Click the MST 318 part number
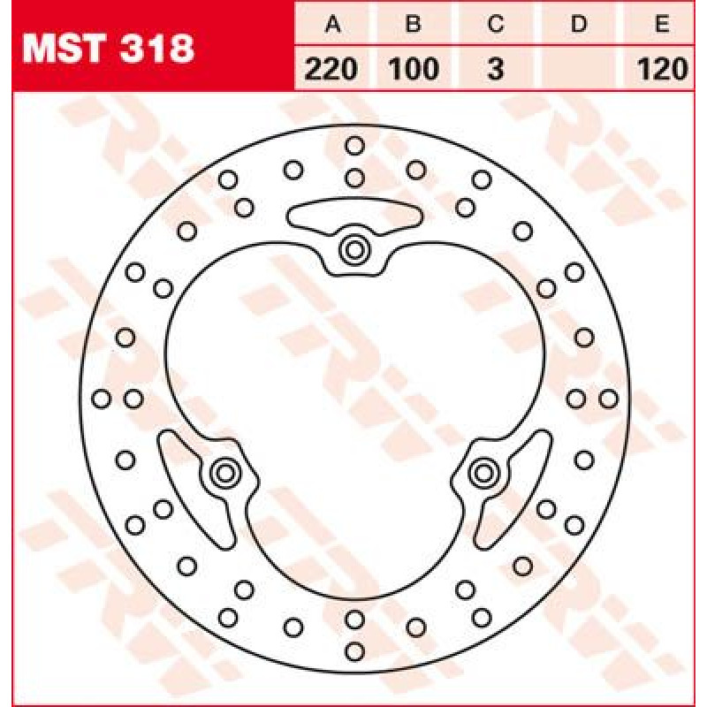[108, 49]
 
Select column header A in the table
[333, 24]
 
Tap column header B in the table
[413, 24]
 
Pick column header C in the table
[496, 24]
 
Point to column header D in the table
[579, 24]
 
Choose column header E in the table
[661, 24]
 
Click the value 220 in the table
[331, 70]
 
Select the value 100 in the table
[414, 70]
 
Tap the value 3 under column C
[496, 70]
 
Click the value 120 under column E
[662, 70]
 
